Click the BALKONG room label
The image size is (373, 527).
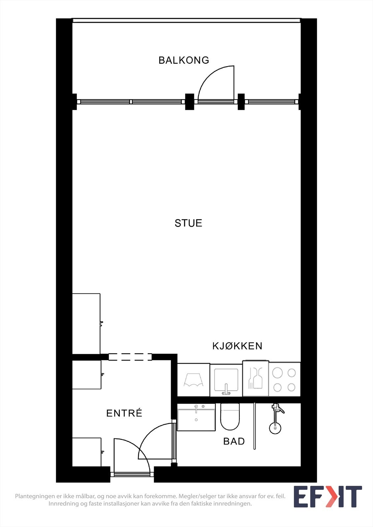[x=184, y=60]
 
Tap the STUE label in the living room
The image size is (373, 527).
[x=188, y=223]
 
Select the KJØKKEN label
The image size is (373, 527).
[x=237, y=346]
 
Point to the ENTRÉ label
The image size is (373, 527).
[x=124, y=413]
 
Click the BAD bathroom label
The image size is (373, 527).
[x=234, y=441]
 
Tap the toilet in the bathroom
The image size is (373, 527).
[x=230, y=417]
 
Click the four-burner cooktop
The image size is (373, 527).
[x=284, y=380]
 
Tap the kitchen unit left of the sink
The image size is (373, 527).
[x=194, y=380]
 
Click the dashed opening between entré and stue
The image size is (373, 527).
[x=130, y=357]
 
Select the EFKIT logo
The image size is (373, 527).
[x=327, y=496]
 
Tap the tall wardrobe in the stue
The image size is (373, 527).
[x=86, y=323]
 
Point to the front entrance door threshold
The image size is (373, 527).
[x=132, y=475]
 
